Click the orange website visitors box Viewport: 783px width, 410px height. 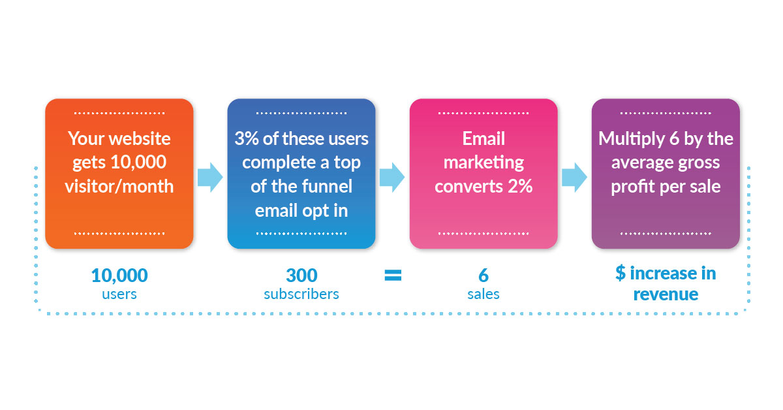(119, 173)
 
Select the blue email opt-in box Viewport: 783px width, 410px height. (301, 173)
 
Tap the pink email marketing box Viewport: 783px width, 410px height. (484, 173)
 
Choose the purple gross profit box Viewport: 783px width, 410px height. (666, 173)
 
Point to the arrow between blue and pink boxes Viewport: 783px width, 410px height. (392, 178)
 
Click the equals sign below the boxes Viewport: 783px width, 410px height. (393, 276)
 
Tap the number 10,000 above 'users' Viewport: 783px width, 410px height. (119, 275)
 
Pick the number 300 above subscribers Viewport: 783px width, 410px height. (301, 275)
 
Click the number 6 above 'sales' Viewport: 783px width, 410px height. (484, 275)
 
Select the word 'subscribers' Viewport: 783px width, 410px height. (301, 294)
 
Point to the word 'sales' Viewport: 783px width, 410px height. (484, 294)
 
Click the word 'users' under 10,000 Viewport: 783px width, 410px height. (119, 294)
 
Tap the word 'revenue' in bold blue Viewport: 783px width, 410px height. (666, 294)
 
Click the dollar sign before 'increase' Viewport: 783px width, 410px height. (621, 273)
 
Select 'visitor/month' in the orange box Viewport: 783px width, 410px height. (119, 186)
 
